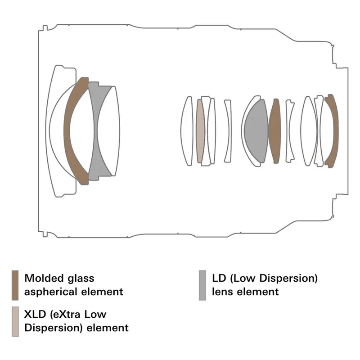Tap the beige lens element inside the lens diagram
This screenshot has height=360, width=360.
[200, 131]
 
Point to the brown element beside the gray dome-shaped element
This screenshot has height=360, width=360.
[274, 131]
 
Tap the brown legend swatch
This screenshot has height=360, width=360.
[15, 285]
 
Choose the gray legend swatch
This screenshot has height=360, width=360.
[202, 285]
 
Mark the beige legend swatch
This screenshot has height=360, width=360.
[15, 321]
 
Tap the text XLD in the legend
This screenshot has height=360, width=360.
[35, 314]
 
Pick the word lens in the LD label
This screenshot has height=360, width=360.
[222, 292]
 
